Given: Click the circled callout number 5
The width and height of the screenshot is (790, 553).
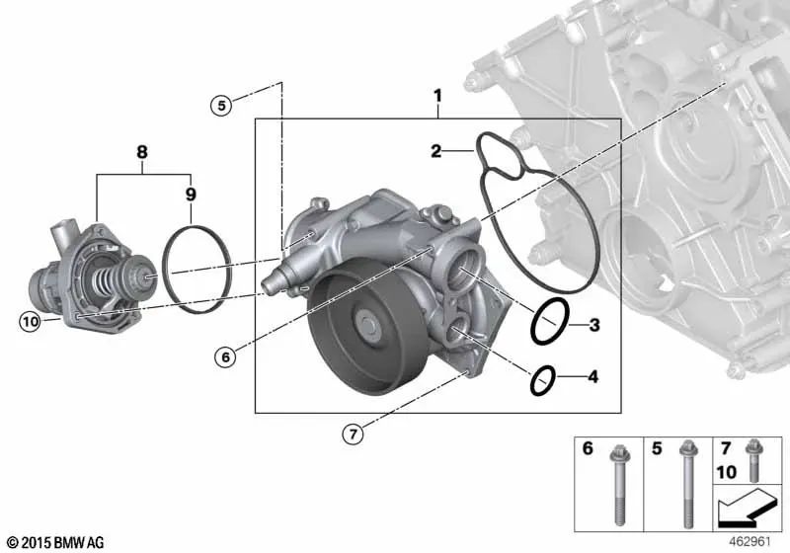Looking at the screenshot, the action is tap(221, 106).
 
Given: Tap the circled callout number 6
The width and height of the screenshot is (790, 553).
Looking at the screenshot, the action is tap(225, 357).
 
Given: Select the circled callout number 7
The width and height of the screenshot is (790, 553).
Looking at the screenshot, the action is tap(353, 434).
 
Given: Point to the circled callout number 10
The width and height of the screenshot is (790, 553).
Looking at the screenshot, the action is tap(30, 321).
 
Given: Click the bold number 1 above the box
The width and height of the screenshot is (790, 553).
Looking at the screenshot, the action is tap(437, 96).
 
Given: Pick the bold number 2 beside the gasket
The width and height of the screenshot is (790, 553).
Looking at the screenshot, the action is tap(436, 150).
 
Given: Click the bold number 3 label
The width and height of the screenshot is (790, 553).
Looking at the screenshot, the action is tap(594, 325).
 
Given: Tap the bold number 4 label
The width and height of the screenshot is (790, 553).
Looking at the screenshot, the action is tap(593, 376).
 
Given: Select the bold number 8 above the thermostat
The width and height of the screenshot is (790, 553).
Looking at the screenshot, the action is tap(142, 152).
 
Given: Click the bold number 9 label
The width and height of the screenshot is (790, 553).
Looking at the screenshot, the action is tap(191, 194).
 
